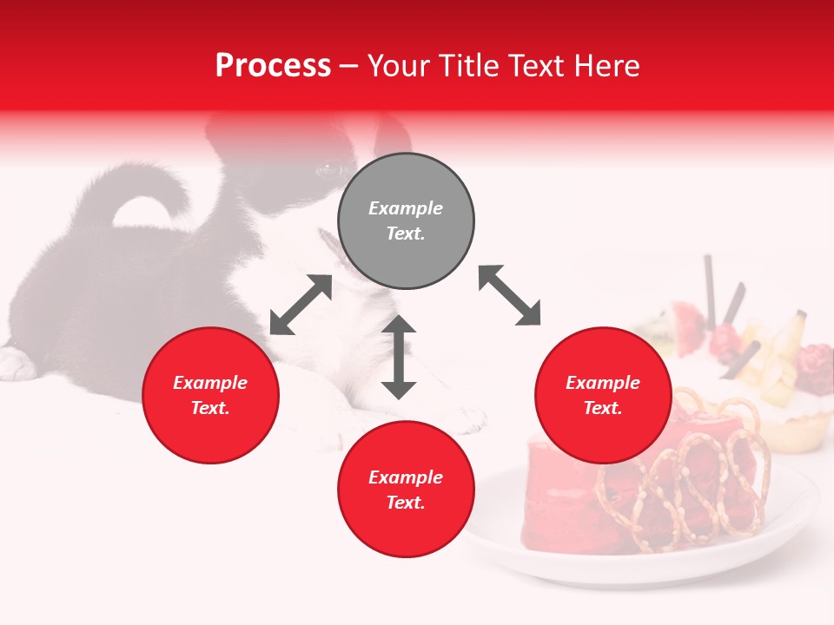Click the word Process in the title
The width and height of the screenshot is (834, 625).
273,66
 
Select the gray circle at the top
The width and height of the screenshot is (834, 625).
406,182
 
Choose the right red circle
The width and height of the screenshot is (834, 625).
603,425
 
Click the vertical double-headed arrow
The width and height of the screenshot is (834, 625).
399,357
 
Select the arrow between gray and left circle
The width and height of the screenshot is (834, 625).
301,305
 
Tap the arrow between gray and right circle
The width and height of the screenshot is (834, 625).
509,295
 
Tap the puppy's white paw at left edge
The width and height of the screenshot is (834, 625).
16,363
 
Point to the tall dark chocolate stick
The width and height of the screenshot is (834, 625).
710,286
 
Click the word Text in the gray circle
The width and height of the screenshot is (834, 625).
406,234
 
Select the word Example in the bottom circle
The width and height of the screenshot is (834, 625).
406,477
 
